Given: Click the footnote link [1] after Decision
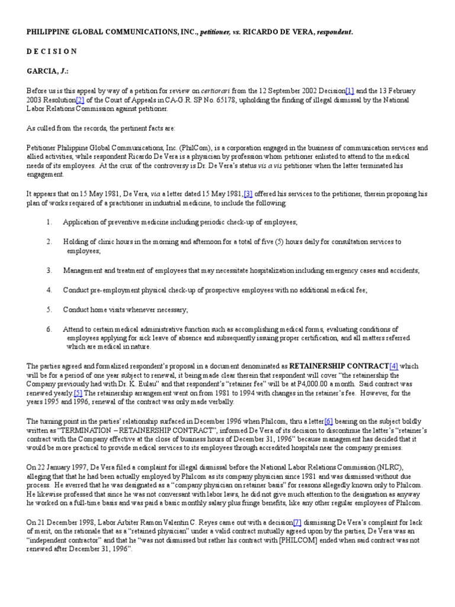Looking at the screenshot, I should pos(350,90).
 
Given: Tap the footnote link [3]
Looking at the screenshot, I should pos(248,193).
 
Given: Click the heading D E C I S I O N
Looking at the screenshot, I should pos(52,51).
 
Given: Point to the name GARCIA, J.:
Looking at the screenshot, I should pos(47,71).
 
